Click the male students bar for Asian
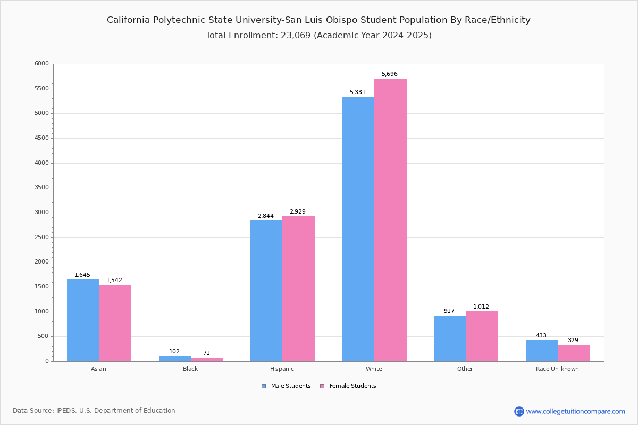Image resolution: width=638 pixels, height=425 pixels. click(x=83, y=320)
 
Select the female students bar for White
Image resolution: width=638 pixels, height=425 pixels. click(x=390, y=220)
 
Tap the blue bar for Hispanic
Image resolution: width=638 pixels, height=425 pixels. click(x=266, y=291)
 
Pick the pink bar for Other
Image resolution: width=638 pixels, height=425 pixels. click(x=482, y=336)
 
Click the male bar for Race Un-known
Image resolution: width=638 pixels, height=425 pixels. click(x=542, y=351)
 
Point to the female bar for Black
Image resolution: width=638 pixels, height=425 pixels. click(x=207, y=359)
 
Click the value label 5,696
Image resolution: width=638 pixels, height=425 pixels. click(x=389, y=74)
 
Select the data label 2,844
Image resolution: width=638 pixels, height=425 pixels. click(x=266, y=216)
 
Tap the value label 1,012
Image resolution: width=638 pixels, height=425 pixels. click(x=481, y=307)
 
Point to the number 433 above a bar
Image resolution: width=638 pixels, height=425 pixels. click(x=541, y=336)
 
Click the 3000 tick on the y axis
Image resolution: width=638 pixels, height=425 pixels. click(x=41, y=212)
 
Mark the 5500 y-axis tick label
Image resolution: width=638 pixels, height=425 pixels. click(x=41, y=89)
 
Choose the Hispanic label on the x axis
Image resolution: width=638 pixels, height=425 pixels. click(x=282, y=369)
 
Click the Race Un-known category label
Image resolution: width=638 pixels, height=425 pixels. click(x=557, y=369)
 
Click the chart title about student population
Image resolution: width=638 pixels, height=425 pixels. click(x=318, y=20)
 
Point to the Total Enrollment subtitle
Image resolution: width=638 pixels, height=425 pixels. click(x=318, y=36)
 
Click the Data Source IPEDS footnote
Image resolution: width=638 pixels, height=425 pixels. click(x=94, y=411)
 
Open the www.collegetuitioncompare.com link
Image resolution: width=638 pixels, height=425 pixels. click(x=575, y=411)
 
